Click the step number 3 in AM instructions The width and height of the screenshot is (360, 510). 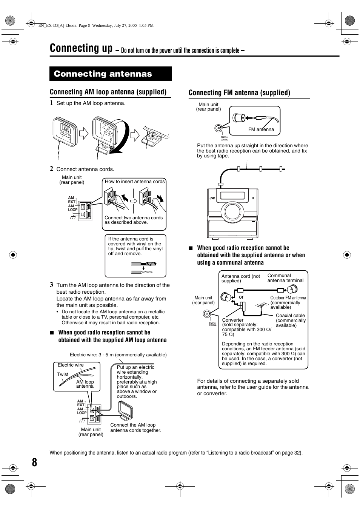pyautogui.click(x=52, y=285)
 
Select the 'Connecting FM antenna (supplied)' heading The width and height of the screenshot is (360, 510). pyautogui.click(x=239, y=93)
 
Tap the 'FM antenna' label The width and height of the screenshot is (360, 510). pyautogui.click(x=261, y=129)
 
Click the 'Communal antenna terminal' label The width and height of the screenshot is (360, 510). pyautogui.click(x=285, y=278)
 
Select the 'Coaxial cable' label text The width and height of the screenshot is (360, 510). pyautogui.click(x=290, y=316)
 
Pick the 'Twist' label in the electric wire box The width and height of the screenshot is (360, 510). pyautogui.click(x=63, y=374)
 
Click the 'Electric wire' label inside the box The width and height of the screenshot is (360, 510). pyautogui.click(x=71, y=365)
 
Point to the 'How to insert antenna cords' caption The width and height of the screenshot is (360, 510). pyautogui.click(x=135, y=182)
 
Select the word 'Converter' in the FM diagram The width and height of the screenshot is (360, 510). pyautogui.click(x=233, y=320)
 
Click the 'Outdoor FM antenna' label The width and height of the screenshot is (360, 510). pyautogui.click(x=288, y=298)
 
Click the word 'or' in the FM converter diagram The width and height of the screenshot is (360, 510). pyautogui.click(x=241, y=297)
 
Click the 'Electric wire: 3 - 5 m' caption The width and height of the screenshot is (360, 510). pyautogui.click(x=118, y=355)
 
